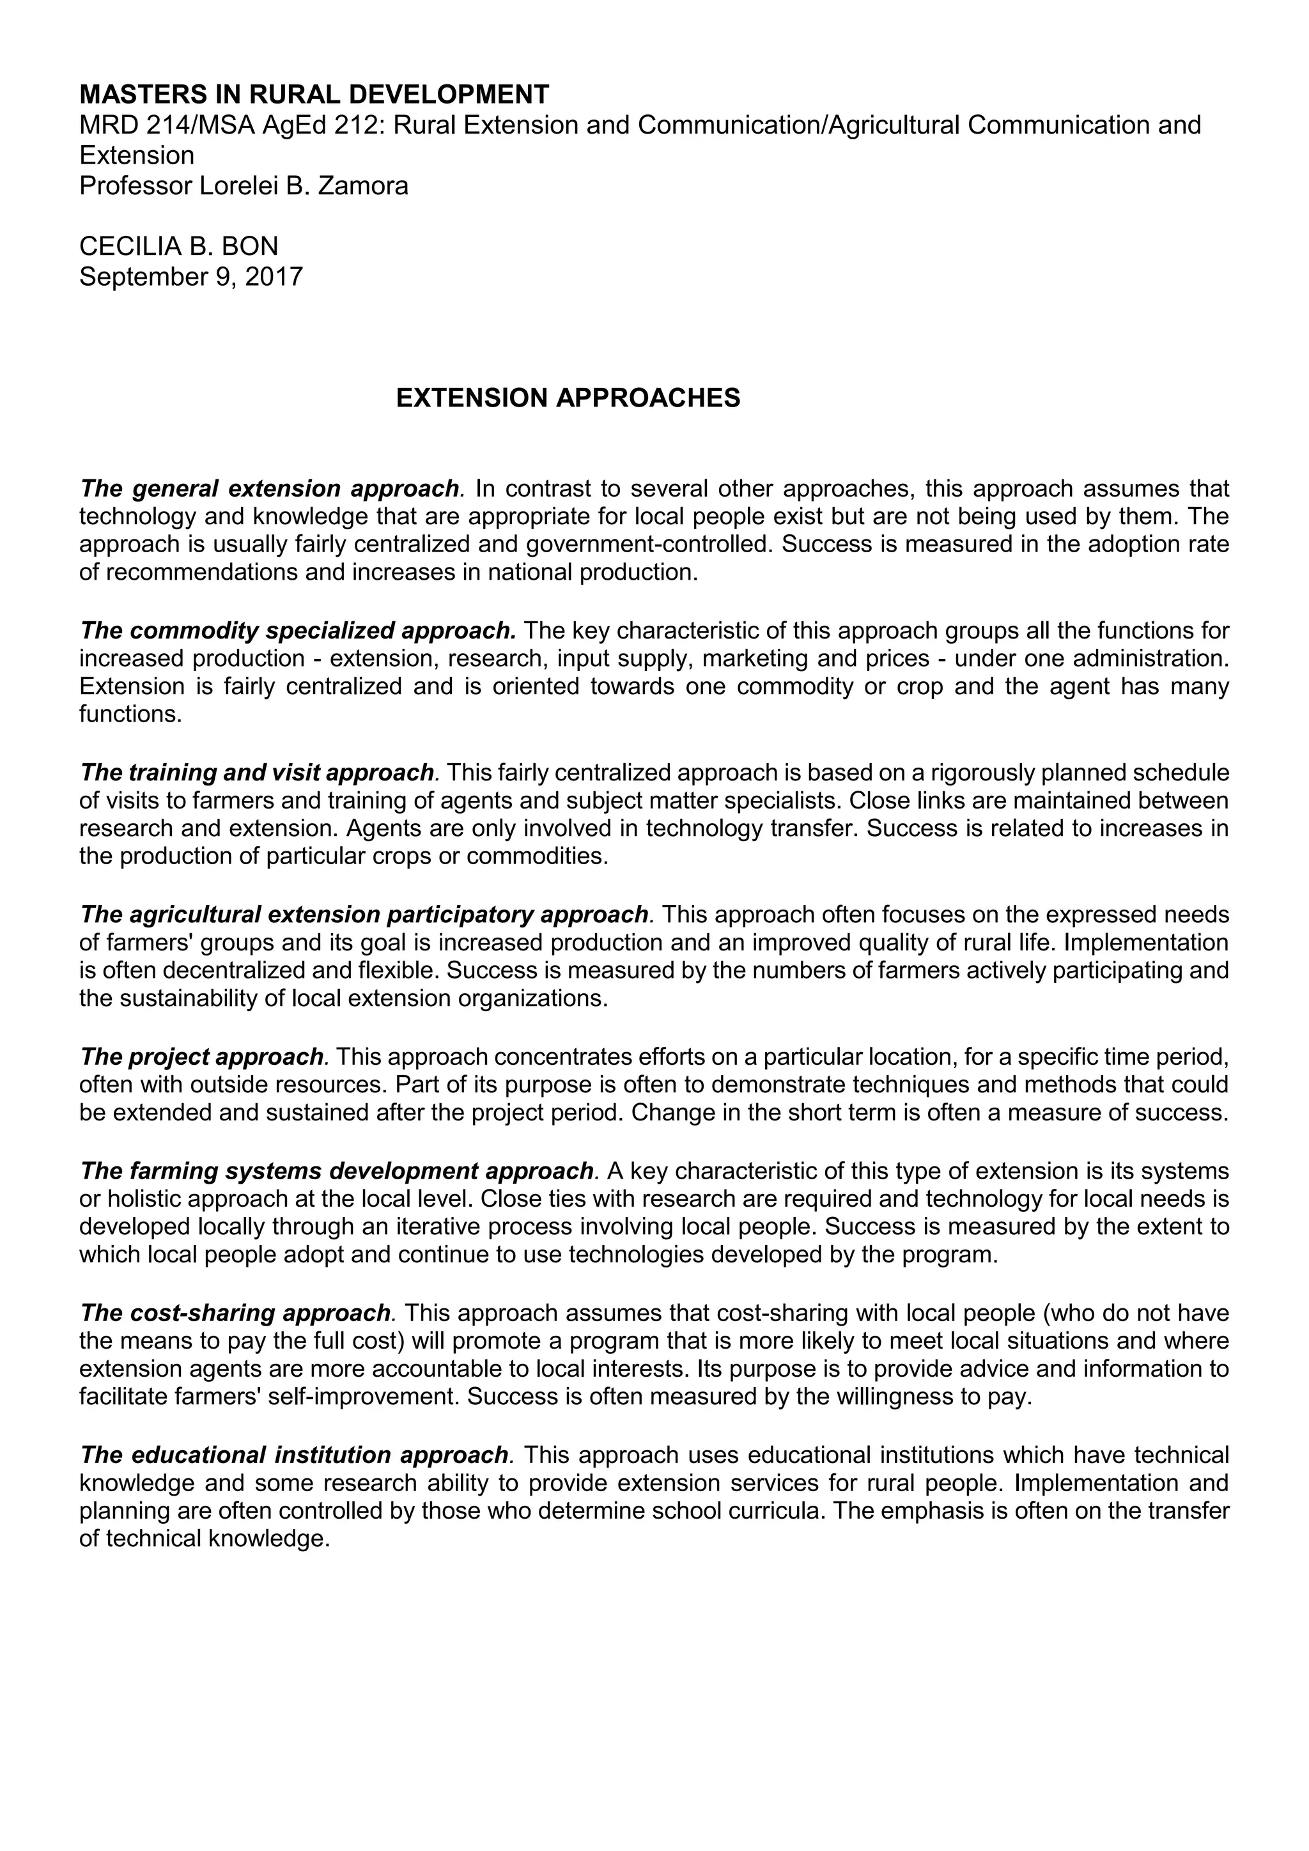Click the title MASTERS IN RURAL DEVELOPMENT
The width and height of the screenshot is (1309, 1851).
[x=314, y=95]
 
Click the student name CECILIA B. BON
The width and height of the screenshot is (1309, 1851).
[x=178, y=246]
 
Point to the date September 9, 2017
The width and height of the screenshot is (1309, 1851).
[x=191, y=277]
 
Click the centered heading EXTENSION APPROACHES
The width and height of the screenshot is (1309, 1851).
[x=568, y=398]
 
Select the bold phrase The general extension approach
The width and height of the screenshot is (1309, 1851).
[x=270, y=488]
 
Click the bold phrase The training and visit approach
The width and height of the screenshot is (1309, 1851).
[x=257, y=772]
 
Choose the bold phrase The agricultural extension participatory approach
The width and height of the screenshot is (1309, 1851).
[x=365, y=914]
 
